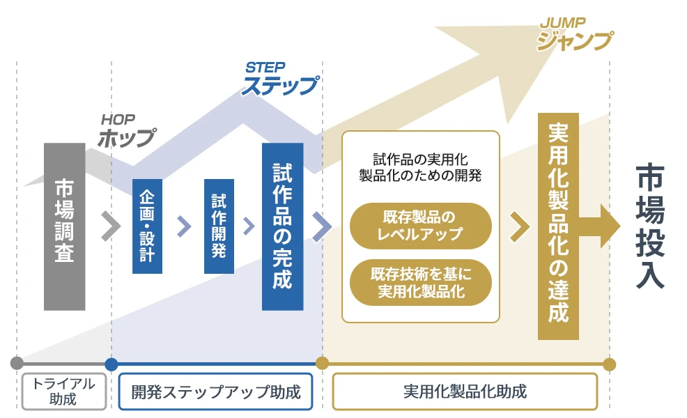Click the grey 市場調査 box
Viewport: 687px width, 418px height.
point(64,226)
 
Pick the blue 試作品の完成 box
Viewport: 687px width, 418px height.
point(282,226)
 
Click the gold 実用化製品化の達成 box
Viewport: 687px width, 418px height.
point(558,226)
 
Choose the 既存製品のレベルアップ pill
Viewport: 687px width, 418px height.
point(420,225)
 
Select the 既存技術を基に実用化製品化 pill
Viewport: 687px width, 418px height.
point(420,282)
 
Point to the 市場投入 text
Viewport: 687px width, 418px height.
point(651,227)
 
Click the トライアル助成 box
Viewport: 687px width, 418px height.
point(63,391)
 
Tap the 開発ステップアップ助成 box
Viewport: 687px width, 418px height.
point(216,392)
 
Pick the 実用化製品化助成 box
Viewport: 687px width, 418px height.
point(465,392)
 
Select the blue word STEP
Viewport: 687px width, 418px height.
point(265,68)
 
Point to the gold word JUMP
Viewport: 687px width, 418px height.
point(562,23)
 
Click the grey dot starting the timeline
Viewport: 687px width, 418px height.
point(17,363)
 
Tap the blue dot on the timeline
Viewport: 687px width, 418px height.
point(111,363)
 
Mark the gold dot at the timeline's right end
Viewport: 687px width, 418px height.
point(609,364)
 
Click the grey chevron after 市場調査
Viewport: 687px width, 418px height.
point(110,226)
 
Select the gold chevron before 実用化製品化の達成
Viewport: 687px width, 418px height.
point(519,226)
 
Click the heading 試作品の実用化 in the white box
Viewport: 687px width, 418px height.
point(420,160)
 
